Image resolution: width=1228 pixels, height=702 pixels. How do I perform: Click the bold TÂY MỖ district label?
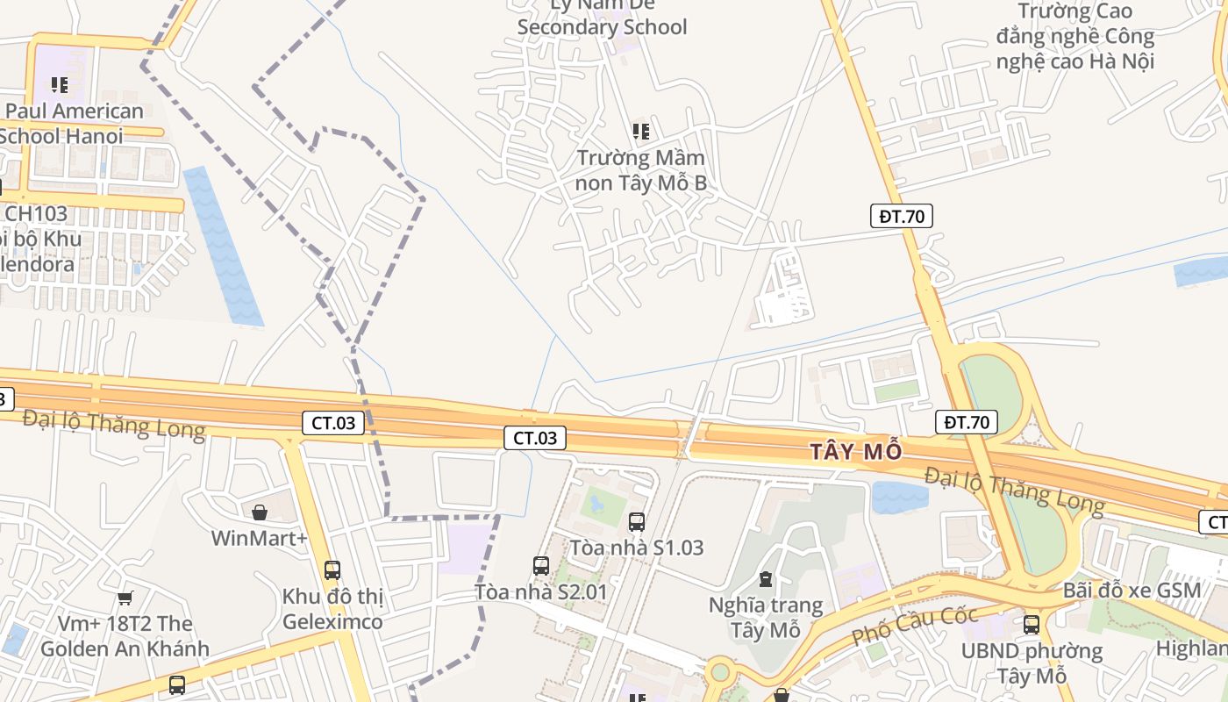point(855,452)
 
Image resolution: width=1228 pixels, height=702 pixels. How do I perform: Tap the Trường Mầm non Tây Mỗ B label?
point(640,171)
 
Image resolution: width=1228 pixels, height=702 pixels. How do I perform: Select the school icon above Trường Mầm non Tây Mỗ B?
point(641,132)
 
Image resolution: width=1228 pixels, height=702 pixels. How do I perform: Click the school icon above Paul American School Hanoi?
point(60,85)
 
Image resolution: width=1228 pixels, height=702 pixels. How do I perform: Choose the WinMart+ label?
point(259,537)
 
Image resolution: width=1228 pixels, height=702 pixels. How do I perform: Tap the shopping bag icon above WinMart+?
point(260,512)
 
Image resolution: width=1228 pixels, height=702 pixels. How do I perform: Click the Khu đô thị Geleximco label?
point(332,609)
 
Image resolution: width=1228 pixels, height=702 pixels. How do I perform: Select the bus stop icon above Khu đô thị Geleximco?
point(332,569)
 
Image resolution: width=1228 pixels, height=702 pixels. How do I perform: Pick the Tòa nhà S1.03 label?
point(637,548)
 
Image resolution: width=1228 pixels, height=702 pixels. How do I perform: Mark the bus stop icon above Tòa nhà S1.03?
point(637,522)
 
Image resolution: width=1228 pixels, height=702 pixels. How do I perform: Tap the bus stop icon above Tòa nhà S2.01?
point(541,566)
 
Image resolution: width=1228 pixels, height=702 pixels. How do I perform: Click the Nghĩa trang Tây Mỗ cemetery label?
point(766,618)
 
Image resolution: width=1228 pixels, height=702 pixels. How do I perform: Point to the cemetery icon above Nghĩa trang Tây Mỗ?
point(766,579)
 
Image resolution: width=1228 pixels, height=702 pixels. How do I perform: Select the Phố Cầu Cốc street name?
point(914,625)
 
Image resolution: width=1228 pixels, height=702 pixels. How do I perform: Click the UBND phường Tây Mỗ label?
point(1032,663)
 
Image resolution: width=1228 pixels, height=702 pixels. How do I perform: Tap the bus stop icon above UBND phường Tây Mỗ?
point(1032,625)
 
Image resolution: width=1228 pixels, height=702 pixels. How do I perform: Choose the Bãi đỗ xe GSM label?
point(1132,591)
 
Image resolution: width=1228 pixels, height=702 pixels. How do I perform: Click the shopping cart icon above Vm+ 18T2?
point(125,598)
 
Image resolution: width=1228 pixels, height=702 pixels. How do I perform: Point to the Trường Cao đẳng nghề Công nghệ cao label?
point(1074,36)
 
